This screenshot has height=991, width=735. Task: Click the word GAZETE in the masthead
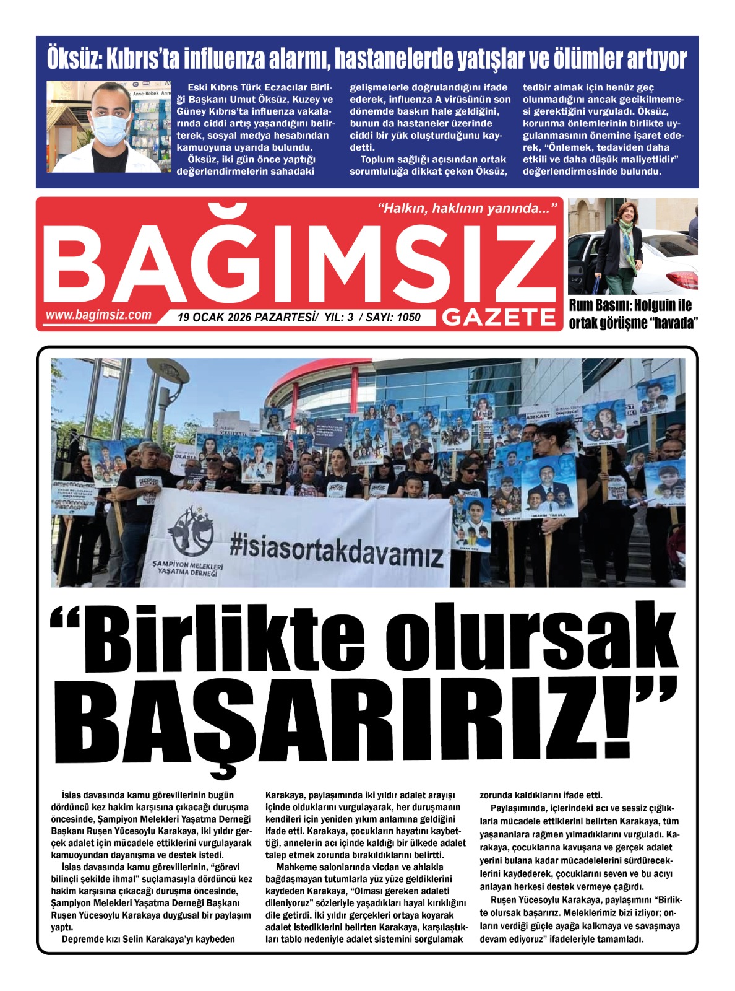(499, 317)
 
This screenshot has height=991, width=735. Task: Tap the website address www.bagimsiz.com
(98, 315)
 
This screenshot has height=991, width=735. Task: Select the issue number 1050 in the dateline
(408, 318)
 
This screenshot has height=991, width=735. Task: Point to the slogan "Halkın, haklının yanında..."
(467, 209)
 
